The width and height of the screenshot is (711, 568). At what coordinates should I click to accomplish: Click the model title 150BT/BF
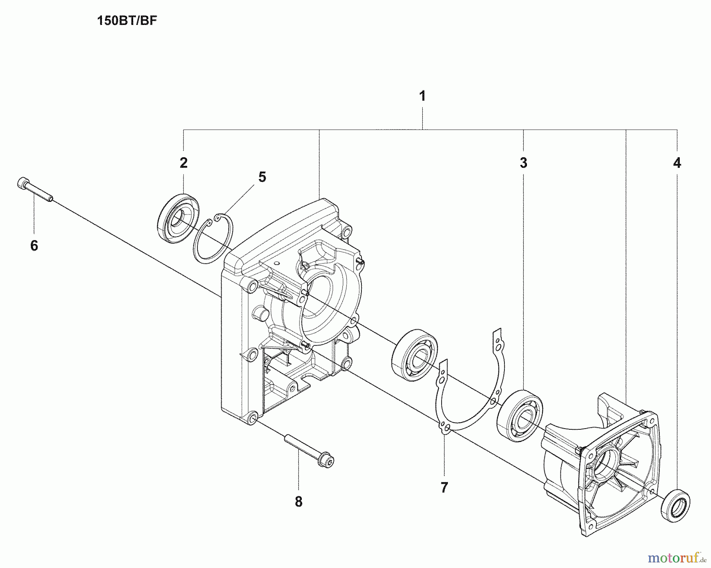[x=127, y=21]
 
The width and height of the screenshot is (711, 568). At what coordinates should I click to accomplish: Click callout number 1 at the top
[x=422, y=96]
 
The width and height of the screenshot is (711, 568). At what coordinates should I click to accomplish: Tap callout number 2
[x=183, y=163]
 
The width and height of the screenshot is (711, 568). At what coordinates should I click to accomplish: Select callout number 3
[x=523, y=163]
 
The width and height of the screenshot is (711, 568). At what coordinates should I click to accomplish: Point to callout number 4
[x=677, y=163]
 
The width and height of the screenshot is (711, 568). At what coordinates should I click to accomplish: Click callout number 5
[x=262, y=177]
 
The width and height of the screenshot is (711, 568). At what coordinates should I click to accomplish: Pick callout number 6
[x=34, y=246]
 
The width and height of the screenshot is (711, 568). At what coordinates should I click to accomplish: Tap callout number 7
[x=444, y=487]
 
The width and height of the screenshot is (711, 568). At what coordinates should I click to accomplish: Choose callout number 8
[x=299, y=502]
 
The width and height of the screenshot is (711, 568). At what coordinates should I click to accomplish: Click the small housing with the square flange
[x=600, y=466]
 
